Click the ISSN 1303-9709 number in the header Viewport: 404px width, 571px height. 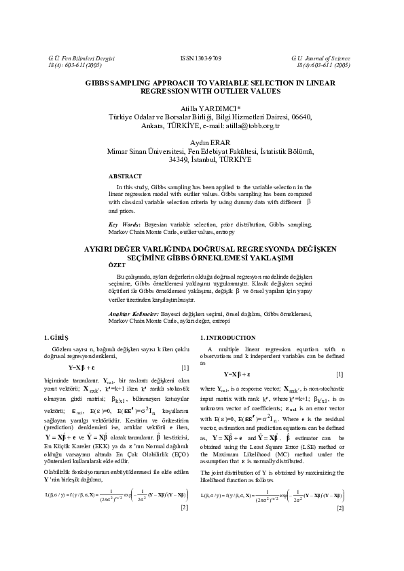pyautogui.click(x=202, y=59)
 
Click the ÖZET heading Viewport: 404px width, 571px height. pyautogui.click(x=118, y=265)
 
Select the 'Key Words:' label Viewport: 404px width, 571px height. pyautogui.click(x=125, y=224)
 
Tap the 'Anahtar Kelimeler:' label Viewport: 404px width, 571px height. pyautogui.click(x=134, y=314)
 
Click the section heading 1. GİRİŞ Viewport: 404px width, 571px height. pyautogui.click(x=56, y=336)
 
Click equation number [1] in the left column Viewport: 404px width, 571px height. pyautogui.click(x=185, y=367)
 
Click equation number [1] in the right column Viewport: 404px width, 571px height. pyautogui.click(x=339, y=374)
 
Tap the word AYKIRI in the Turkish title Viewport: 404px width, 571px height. pyautogui.click(x=100, y=250)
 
